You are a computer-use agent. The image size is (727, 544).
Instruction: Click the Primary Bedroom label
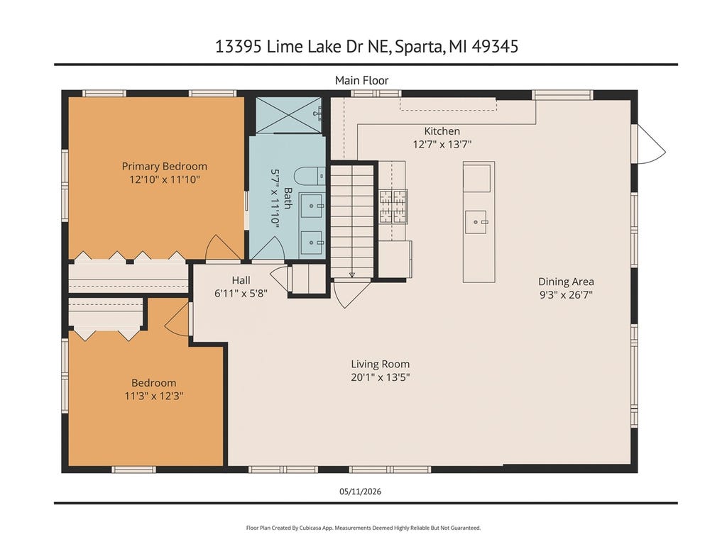[164, 167]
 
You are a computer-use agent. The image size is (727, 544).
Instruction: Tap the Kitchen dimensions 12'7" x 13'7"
[442, 145]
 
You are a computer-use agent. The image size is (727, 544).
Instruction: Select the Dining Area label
[566, 282]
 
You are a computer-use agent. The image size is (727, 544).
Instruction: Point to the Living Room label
[381, 365]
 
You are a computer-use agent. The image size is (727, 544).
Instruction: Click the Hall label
[241, 280]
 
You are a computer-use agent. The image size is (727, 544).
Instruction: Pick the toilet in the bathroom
[310, 176]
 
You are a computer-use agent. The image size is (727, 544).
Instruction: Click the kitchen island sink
[476, 222]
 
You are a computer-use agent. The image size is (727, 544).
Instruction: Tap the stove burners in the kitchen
[393, 206]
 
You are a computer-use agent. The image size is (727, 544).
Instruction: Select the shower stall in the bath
[288, 114]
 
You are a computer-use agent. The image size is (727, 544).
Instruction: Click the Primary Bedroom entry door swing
[223, 248]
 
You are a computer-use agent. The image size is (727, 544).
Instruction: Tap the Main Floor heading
[361, 81]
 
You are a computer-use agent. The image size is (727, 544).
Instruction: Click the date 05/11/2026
[360, 492]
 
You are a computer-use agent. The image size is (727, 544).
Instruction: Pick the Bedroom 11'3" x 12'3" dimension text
[154, 396]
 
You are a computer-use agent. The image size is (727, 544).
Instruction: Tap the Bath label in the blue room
[288, 199]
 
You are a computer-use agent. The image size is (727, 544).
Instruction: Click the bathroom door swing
[268, 248]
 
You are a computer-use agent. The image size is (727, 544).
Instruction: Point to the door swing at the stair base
[351, 294]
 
